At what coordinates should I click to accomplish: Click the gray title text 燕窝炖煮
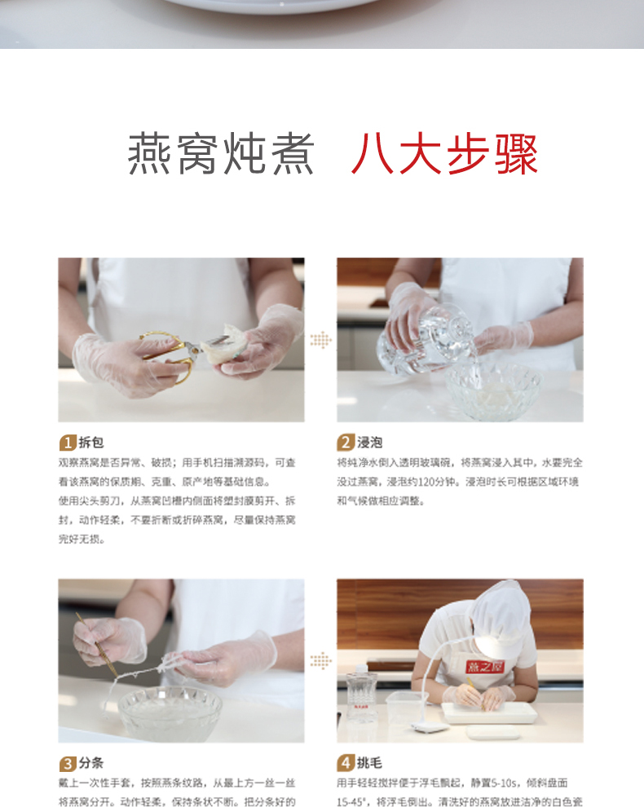coord(221,154)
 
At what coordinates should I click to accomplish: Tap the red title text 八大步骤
coord(445,154)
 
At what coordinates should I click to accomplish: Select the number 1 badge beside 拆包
coord(68,443)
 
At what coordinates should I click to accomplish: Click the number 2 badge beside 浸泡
coord(346,443)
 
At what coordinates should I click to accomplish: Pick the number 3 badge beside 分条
coord(68,764)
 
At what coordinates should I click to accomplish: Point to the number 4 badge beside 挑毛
coord(346,764)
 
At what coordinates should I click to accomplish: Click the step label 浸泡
coord(370,443)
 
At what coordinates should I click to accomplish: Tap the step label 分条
coord(91,764)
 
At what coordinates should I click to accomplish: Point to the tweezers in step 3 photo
coord(96,644)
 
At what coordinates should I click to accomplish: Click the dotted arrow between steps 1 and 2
coord(320,340)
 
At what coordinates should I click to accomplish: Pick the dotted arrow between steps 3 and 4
coord(320,660)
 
